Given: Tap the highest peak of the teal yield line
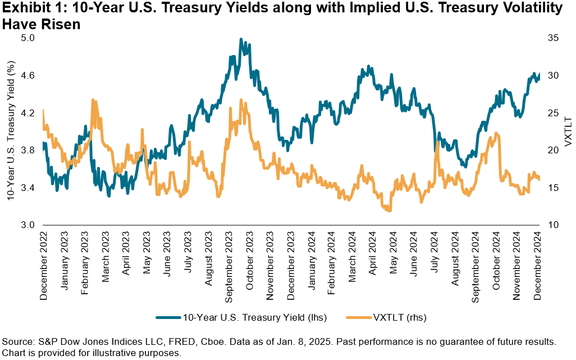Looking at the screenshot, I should point(241,39).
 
